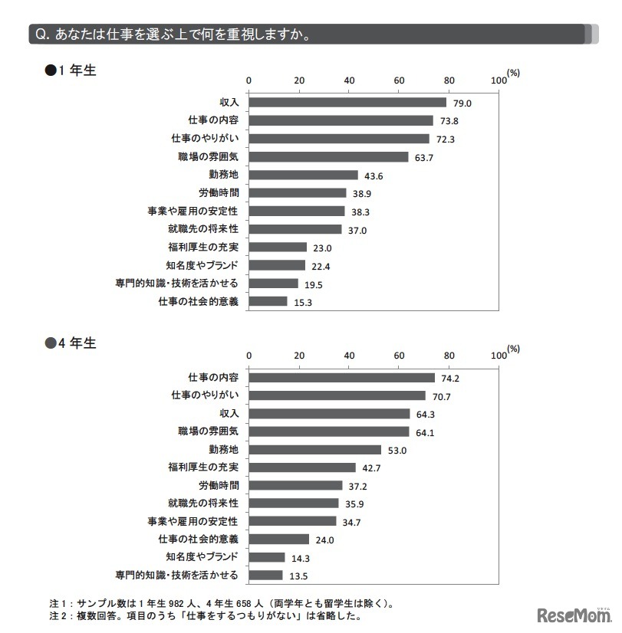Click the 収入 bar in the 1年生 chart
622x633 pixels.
coord(347,103)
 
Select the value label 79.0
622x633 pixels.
coord(461,103)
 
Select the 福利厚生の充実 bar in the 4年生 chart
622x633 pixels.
coord(302,467)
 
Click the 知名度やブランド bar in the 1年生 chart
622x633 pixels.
coord(277,265)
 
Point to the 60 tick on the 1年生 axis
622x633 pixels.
coord(399,80)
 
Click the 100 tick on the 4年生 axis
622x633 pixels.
coord(497,356)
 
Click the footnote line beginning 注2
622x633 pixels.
coord(203,615)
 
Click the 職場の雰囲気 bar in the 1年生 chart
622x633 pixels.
coord(328,157)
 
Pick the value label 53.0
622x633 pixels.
coord(397,450)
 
